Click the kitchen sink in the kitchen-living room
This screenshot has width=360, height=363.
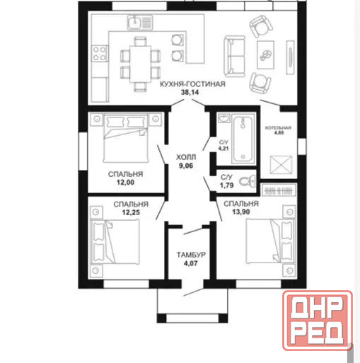point(140,22)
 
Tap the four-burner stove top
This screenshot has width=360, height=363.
point(100,54)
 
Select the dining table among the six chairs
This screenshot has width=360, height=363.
point(140,64)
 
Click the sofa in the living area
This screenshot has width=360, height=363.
point(234,56)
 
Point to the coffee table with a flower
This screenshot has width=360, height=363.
point(265,54)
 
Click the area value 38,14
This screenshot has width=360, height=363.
point(190,92)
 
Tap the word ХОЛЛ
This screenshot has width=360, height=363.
point(186,157)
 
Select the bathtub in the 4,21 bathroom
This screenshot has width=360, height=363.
point(243,139)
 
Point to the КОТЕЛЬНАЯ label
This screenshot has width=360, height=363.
point(278,128)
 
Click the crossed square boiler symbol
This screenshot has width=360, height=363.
point(281,165)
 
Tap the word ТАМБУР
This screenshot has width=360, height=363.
point(191,255)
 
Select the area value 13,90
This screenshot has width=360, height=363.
point(241,212)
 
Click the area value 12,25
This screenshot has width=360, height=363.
point(131,212)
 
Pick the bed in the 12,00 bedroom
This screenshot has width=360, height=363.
point(126,138)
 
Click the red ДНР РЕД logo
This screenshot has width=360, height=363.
point(318,321)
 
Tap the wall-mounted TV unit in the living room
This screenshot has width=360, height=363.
point(290,57)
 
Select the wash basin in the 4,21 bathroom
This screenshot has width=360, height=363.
point(223,118)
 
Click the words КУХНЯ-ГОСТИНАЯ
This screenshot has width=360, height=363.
point(192,84)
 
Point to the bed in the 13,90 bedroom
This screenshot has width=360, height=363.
point(270,241)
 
